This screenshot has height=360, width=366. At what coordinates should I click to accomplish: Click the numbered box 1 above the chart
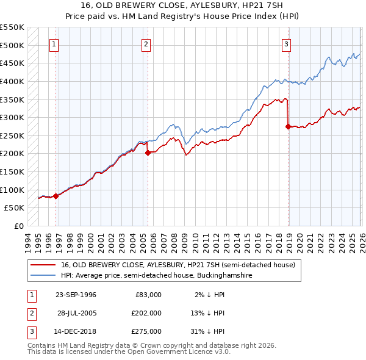click(x=54, y=44)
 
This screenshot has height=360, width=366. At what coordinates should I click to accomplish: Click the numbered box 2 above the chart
click(x=146, y=44)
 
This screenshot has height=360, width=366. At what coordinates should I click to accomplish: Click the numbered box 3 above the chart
click(x=286, y=44)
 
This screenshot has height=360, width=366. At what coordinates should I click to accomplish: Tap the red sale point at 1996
click(x=56, y=196)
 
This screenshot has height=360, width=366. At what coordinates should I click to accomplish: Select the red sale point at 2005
click(x=148, y=153)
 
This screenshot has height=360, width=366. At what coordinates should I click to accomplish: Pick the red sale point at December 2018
click(x=288, y=127)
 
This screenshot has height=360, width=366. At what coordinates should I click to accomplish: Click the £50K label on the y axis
click(x=15, y=208)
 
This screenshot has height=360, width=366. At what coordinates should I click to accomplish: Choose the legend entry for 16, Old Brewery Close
click(x=178, y=265)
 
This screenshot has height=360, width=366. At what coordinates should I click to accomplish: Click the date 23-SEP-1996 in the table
click(x=76, y=295)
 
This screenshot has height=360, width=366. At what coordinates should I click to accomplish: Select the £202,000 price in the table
click(x=146, y=313)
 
